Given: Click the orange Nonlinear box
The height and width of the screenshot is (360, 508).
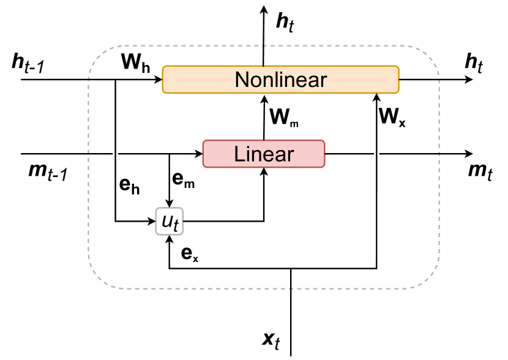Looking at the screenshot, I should click(280, 80).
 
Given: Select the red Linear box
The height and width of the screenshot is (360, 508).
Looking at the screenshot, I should click(263, 153).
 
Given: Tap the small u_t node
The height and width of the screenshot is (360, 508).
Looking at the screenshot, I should click(169, 222).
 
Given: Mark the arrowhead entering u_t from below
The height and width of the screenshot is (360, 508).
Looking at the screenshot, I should click(169, 239).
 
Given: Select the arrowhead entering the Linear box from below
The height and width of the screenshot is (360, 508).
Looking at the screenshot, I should click(264, 172).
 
